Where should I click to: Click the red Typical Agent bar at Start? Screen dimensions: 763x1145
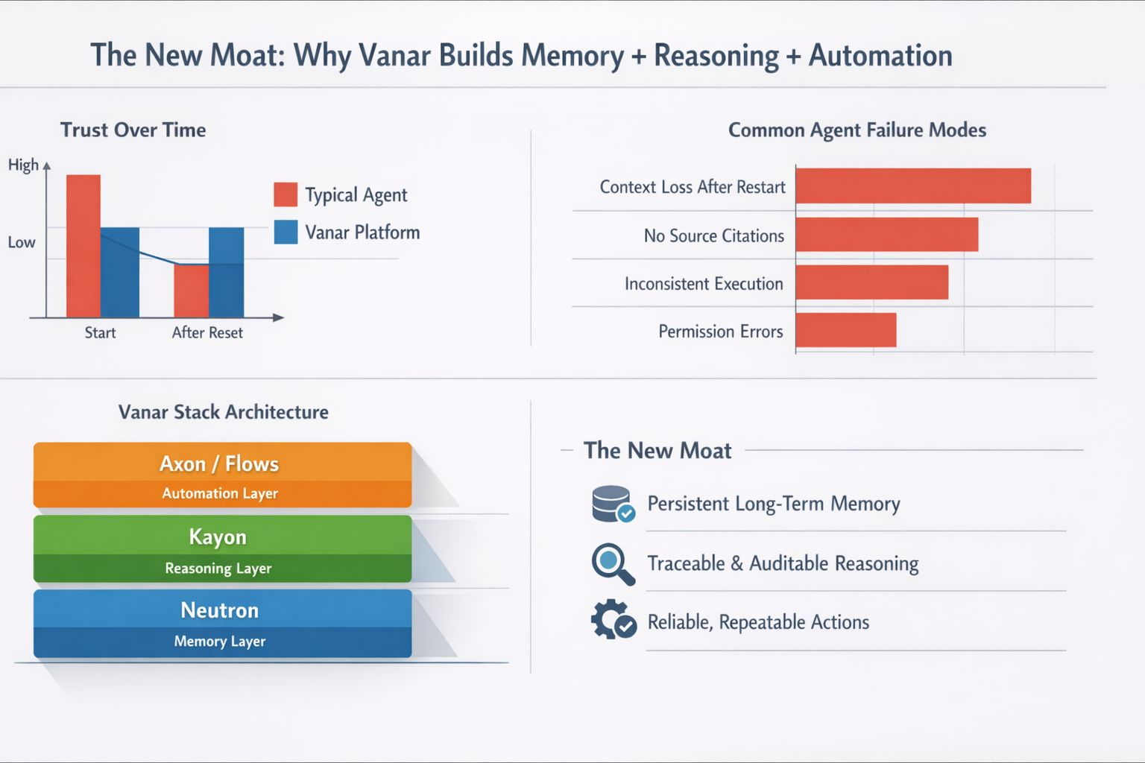click(83, 246)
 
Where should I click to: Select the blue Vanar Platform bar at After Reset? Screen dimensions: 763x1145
click(226, 272)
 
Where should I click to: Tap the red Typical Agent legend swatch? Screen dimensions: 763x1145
click(286, 194)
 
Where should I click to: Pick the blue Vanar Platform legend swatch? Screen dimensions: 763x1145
click(286, 232)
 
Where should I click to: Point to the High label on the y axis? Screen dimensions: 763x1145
click(23, 165)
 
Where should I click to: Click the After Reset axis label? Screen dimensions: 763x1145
click(207, 332)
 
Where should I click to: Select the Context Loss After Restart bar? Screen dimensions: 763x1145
click(913, 186)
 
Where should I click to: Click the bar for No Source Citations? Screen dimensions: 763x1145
click(886, 235)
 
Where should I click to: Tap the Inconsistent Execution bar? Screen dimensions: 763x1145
click(871, 282)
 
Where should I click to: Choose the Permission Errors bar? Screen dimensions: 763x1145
click(845, 330)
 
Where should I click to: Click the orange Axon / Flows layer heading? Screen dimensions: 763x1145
click(219, 463)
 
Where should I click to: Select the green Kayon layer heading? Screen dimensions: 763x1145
click(218, 536)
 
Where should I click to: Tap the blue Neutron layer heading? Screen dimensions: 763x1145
click(220, 610)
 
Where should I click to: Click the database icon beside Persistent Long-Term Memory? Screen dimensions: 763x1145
click(612, 504)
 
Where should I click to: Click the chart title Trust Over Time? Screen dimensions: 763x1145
click(133, 130)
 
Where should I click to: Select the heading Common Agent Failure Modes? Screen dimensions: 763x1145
click(857, 130)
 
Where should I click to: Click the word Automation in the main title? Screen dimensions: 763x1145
click(880, 56)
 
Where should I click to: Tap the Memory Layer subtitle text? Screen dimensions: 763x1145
click(220, 642)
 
